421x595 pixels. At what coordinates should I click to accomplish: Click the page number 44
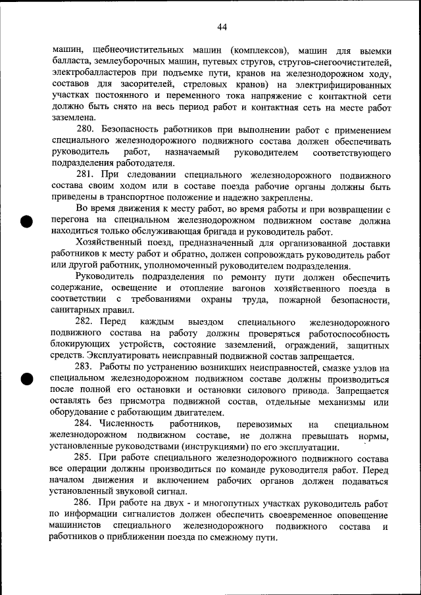[222, 27]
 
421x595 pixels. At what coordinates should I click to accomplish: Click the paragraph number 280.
[86, 130]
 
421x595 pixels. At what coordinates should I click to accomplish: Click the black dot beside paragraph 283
[27, 379]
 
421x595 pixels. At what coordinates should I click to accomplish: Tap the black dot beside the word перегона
[27, 222]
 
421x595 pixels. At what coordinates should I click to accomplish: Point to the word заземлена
[71, 118]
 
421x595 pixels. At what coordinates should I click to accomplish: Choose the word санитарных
[74, 311]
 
